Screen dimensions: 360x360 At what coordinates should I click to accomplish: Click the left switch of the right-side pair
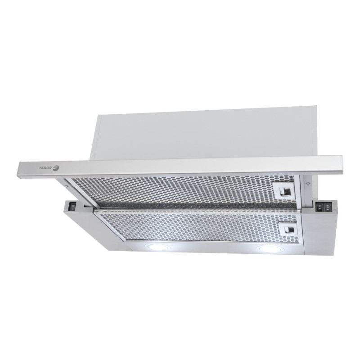pyautogui.click(x=319, y=207)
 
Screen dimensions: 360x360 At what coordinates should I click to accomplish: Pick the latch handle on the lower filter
pyautogui.click(x=288, y=229)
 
